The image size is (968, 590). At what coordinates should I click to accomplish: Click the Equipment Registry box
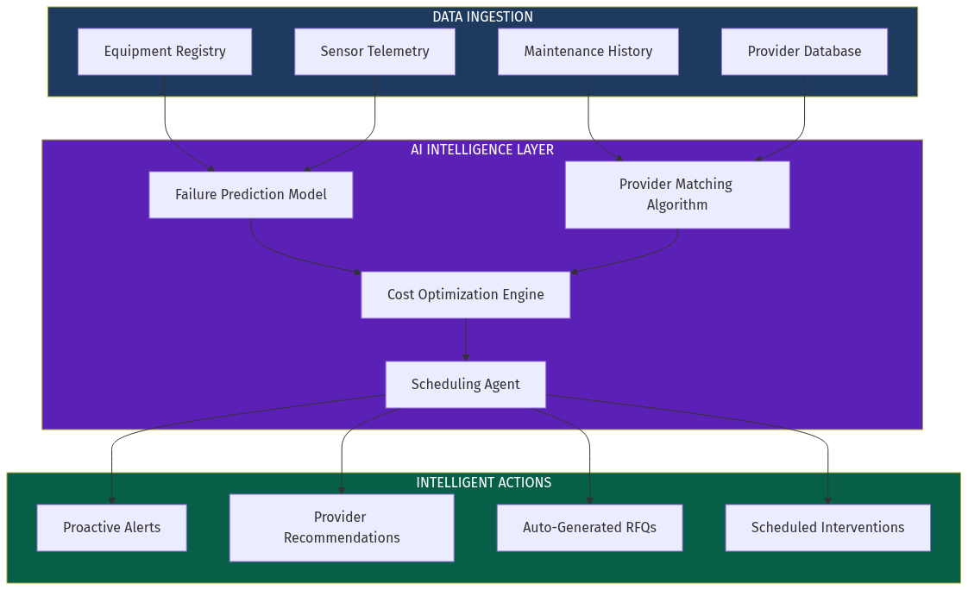(165, 52)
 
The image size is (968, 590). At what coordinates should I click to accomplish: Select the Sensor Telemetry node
(374, 52)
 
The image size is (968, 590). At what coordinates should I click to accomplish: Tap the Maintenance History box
(588, 52)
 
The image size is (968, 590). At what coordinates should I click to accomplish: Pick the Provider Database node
(804, 52)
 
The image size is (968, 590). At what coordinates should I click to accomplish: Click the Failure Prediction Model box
(250, 195)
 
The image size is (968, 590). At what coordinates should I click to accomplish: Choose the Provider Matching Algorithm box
(676, 195)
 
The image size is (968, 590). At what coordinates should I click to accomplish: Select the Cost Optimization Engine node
(465, 295)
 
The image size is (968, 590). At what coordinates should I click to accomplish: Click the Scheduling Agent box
(465, 385)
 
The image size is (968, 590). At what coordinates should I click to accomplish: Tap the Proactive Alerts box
(111, 528)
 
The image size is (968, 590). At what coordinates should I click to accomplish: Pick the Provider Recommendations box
(342, 528)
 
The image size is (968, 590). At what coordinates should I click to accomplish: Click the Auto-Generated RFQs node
(589, 528)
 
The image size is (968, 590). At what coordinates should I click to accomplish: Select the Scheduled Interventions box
(827, 528)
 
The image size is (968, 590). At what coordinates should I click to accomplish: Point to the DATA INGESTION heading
(482, 17)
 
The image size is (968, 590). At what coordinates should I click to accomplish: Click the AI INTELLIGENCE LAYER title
(482, 150)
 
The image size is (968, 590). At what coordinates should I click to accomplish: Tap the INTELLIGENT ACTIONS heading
(483, 483)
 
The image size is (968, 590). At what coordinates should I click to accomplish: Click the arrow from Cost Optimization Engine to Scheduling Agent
(466, 340)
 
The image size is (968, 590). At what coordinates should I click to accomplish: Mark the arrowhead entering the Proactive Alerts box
(111, 500)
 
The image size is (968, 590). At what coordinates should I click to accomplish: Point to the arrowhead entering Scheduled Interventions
(828, 500)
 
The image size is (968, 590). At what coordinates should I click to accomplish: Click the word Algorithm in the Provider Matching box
(676, 205)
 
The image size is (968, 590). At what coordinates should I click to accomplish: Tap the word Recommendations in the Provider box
(342, 538)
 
